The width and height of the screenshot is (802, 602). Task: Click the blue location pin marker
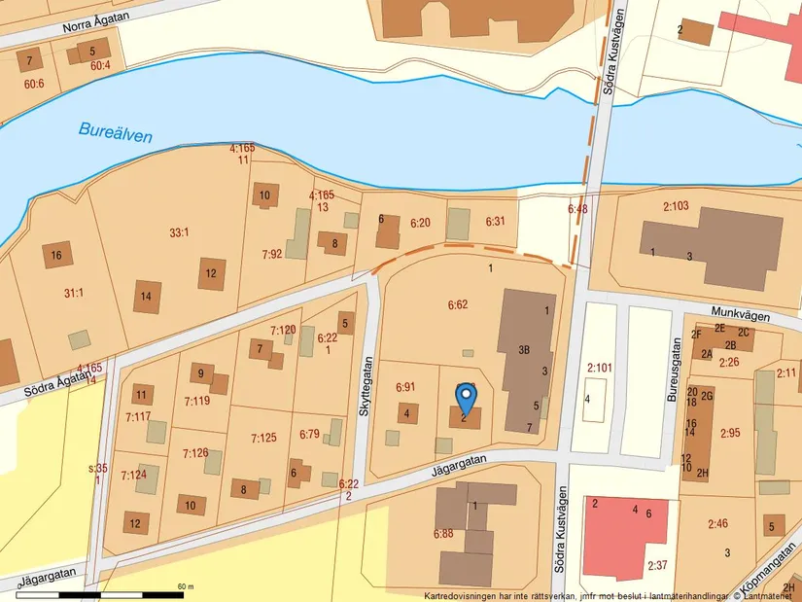(467, 397)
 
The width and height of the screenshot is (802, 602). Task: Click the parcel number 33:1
(179, 232)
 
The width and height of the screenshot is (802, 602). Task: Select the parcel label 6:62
(458, 305)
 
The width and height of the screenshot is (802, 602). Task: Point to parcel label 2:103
(676, 206)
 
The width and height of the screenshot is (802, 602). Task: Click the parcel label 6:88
(443, 533)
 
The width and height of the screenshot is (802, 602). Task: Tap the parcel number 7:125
(264, 438)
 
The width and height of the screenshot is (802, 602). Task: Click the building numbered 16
(56, 256)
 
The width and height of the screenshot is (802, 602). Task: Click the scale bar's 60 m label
(186, 586)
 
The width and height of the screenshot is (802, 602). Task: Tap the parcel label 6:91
(405, 387)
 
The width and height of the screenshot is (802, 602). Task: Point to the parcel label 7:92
(270, 255)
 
